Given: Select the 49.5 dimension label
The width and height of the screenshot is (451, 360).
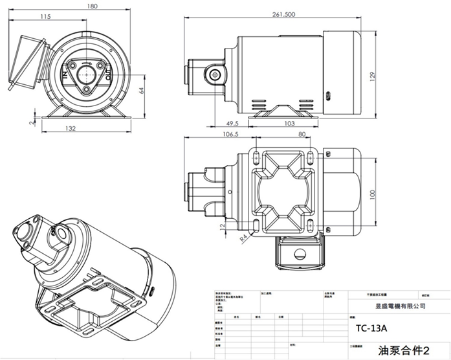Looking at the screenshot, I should tap(234, 122).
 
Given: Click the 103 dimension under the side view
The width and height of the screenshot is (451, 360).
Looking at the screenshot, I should tap(289, 122).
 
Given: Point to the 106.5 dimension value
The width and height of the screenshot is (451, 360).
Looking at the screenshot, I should tap(231, 135).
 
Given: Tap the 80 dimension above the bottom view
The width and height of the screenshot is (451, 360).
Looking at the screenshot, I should tap(302, 135).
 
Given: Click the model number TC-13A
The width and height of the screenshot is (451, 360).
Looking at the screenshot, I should tap(371, 328).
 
